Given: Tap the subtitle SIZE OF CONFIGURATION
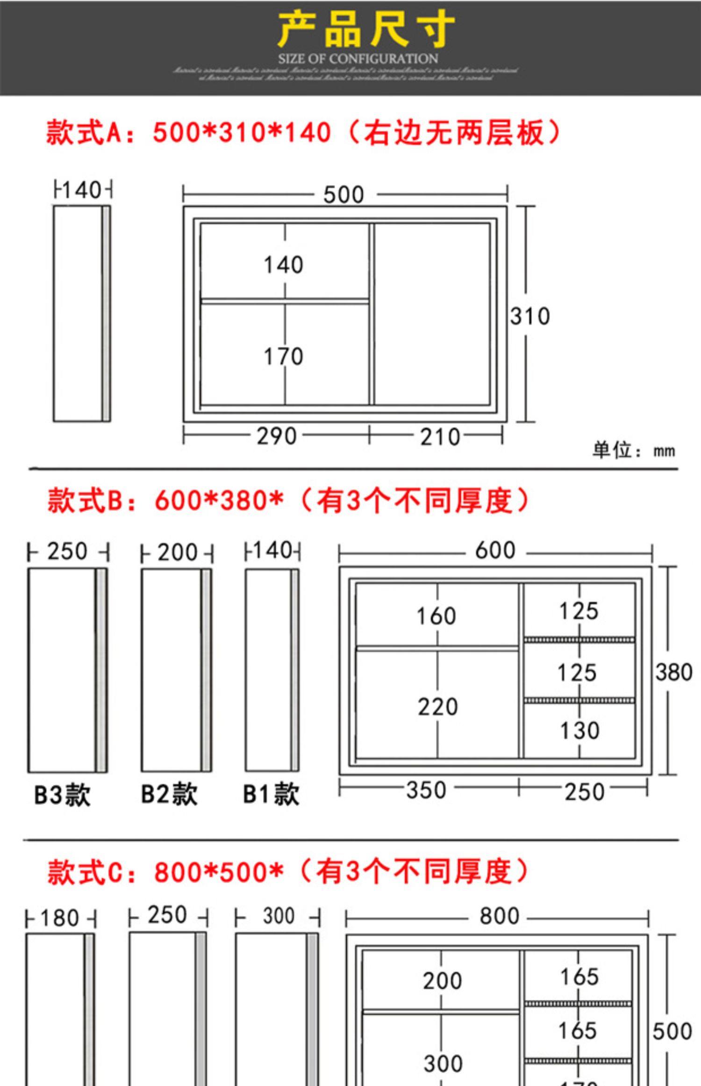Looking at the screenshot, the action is pos(358,59).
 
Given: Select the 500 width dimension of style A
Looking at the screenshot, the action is pos(343,195).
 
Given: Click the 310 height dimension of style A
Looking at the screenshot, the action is pos(529,316).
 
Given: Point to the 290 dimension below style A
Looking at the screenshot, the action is pos(276,436).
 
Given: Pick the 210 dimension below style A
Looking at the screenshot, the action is pos(440,437).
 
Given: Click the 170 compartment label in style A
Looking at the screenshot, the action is pos(283,356).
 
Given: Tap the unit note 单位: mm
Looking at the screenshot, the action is pos(633,450).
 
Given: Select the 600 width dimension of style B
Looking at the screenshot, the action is pos(495,550).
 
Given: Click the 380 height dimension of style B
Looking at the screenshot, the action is pos(673,673).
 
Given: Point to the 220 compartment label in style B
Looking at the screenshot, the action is pos(437,707).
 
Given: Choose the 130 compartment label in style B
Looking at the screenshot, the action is pos(579,731).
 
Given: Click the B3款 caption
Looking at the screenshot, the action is pos(62,795).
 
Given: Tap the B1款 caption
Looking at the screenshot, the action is pos(271,794).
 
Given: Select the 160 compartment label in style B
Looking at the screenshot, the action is pos(436,616).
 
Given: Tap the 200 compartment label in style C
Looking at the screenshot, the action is pos(442,981).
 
